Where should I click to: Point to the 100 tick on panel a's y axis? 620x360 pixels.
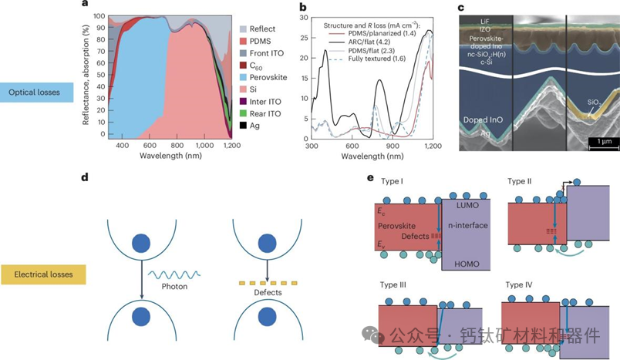tap(99, 16)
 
